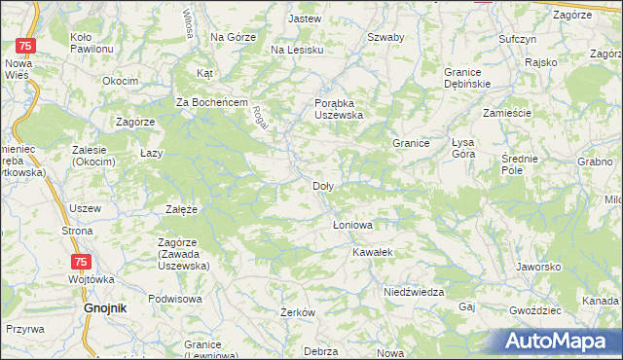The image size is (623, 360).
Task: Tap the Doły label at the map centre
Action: click(324, 186)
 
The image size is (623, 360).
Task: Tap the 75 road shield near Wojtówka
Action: click(83, 262)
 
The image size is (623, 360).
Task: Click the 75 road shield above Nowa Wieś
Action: click(27, 46)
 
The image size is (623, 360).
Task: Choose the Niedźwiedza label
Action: click(414, 292)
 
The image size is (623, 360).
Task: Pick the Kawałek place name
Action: click(373, 252)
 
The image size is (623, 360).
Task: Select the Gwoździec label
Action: click(534, 310)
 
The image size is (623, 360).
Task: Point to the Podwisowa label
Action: click(174, 299)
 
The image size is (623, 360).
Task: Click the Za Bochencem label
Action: click(213, 102)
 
